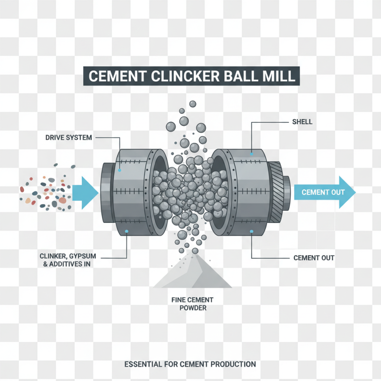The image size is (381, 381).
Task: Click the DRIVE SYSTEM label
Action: (x=69, y=138)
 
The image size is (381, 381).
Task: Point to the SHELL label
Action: (x=302, y=122)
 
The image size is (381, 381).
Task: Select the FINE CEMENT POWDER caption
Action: (x=192, y=303)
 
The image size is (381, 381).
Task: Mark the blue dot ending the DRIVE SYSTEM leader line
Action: (x=120, y=170)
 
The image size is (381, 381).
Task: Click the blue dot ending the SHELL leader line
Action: (x=251, y=154)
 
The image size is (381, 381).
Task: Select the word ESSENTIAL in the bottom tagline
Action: (x=142, y=364)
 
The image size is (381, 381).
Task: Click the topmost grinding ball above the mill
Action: (x=192, y=104)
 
